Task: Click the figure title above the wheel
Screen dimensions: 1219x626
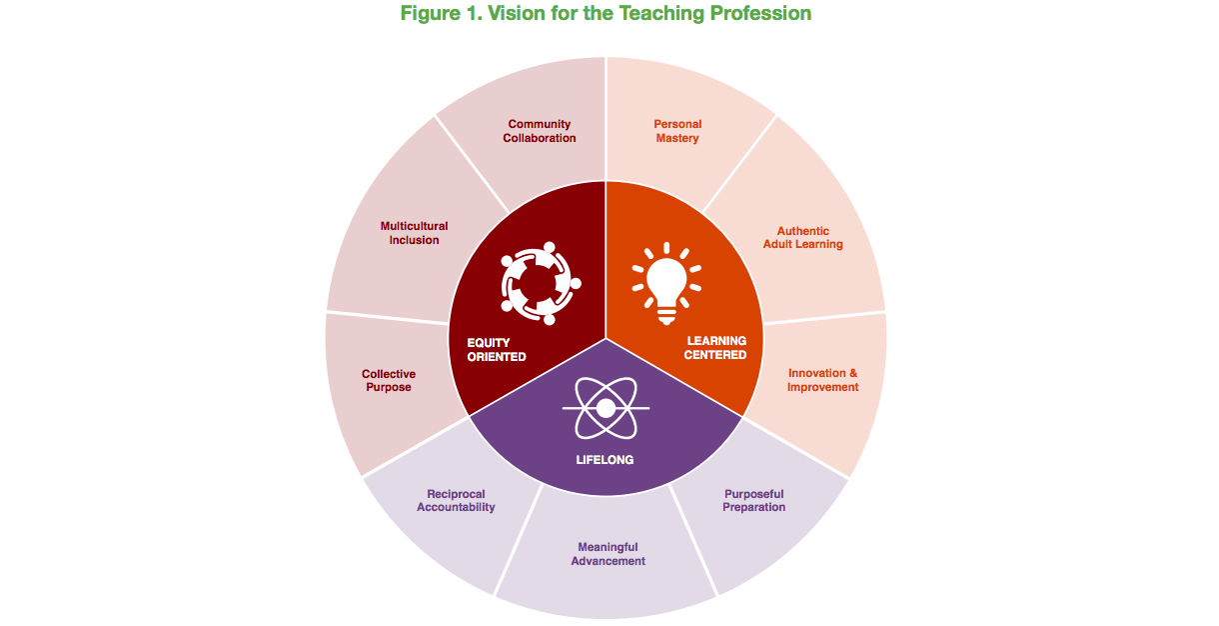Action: point(606,13)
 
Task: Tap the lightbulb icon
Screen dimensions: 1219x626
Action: point(666,284)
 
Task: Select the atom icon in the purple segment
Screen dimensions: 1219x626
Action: point(606,408)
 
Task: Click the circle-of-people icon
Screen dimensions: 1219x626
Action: point(541,283)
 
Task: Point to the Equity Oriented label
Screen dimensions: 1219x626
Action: point(497,350)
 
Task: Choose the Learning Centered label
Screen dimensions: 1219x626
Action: point(715,348)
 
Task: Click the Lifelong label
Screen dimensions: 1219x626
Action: point(605,460)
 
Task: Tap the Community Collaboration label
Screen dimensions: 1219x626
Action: point(540,131)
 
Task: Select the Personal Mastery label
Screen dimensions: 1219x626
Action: point(677,131)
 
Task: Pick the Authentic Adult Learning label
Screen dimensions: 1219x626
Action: point(802,238)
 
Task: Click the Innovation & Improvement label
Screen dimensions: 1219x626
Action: point(823,380)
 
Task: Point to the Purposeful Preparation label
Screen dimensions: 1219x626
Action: point(753,500)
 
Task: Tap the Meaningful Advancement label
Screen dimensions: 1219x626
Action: point(608,554)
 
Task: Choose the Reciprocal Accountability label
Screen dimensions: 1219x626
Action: point(456,500)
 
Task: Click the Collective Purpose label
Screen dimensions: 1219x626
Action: point(389,380)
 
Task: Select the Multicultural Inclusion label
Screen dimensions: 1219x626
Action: point(414,233)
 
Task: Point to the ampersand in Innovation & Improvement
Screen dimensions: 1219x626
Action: point(852,373)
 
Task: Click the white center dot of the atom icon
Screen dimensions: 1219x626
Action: point(606,408)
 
